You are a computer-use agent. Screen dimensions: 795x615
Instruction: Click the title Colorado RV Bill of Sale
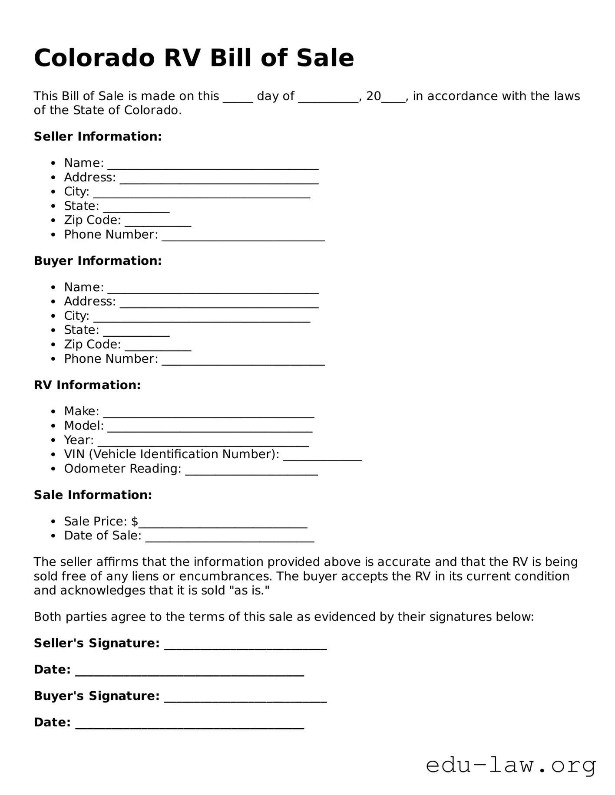[x=194, y=58]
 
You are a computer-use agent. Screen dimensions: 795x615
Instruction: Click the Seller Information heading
[x=98, y=136]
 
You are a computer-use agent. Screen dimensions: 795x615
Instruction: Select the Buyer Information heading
[x=98, y=260]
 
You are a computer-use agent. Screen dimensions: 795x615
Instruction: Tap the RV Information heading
[x=87, y=385]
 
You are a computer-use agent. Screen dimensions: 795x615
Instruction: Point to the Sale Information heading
[x=93, y=495]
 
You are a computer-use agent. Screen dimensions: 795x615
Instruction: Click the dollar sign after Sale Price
[x=135, y=521]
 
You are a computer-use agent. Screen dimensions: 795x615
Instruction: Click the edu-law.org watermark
[x=511, y=765]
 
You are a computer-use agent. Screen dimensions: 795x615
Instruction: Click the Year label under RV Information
[x=79, y=440]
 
